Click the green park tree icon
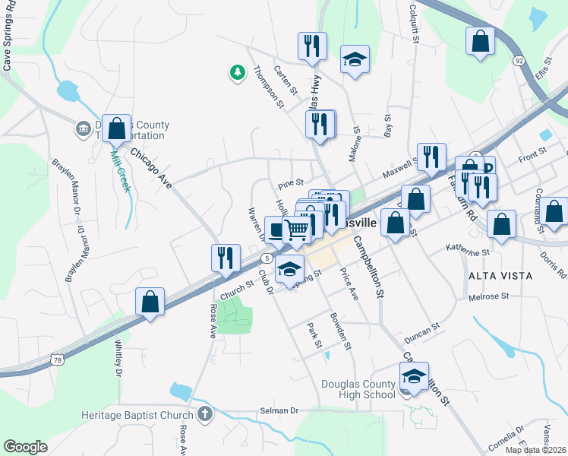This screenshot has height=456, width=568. [238, 73]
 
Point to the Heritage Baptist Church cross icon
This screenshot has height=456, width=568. [203, 415]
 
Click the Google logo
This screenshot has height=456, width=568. [25, 447]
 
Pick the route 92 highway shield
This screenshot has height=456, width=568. [519, 60]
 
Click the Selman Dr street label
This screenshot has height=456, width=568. [280, 410]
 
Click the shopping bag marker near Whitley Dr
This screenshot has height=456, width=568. [150, 301]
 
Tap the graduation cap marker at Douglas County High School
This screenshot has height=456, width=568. [414, 375]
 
